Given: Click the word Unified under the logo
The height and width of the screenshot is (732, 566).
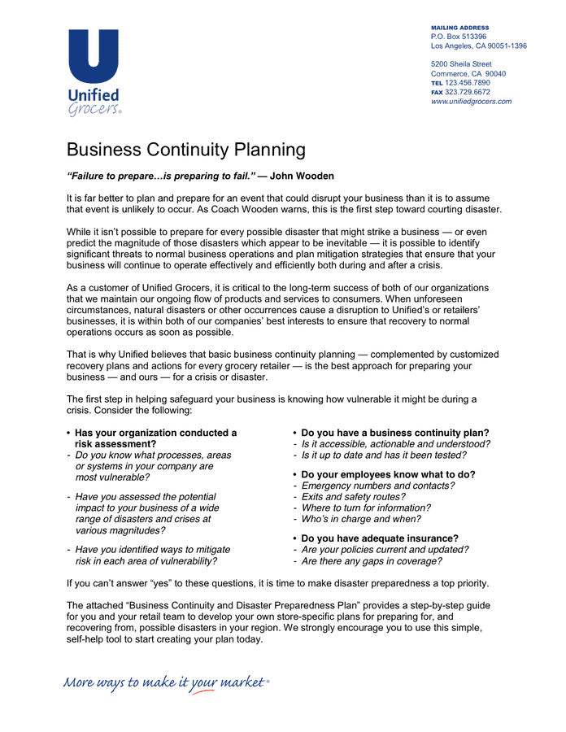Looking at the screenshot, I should tap(94, 96).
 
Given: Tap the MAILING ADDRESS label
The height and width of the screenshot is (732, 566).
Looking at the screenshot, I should tap(459, 28).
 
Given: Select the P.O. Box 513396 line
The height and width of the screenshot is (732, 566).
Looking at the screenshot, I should tap(459, 37).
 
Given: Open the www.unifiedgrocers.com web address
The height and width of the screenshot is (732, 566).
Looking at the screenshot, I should tap(471, 102).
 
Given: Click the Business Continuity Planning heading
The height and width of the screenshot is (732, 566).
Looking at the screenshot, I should tap(185, 150).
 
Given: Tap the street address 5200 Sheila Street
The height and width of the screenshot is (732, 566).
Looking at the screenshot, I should tap(461, 64).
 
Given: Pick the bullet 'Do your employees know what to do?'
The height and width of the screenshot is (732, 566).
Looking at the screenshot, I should tap(388, 474).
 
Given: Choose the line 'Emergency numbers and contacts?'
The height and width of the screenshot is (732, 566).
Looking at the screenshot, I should tap(377, 486).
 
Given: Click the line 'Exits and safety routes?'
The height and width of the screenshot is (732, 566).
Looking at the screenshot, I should tap(353, 497).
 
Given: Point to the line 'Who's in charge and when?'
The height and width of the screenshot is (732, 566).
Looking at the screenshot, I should tap(361, 519).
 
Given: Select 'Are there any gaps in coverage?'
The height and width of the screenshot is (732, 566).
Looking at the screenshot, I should tap(372, 561).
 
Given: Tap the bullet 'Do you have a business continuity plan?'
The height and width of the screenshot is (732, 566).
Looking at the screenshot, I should tap(394, 433).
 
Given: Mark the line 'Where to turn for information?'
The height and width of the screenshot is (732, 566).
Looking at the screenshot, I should tap(366, 508).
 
